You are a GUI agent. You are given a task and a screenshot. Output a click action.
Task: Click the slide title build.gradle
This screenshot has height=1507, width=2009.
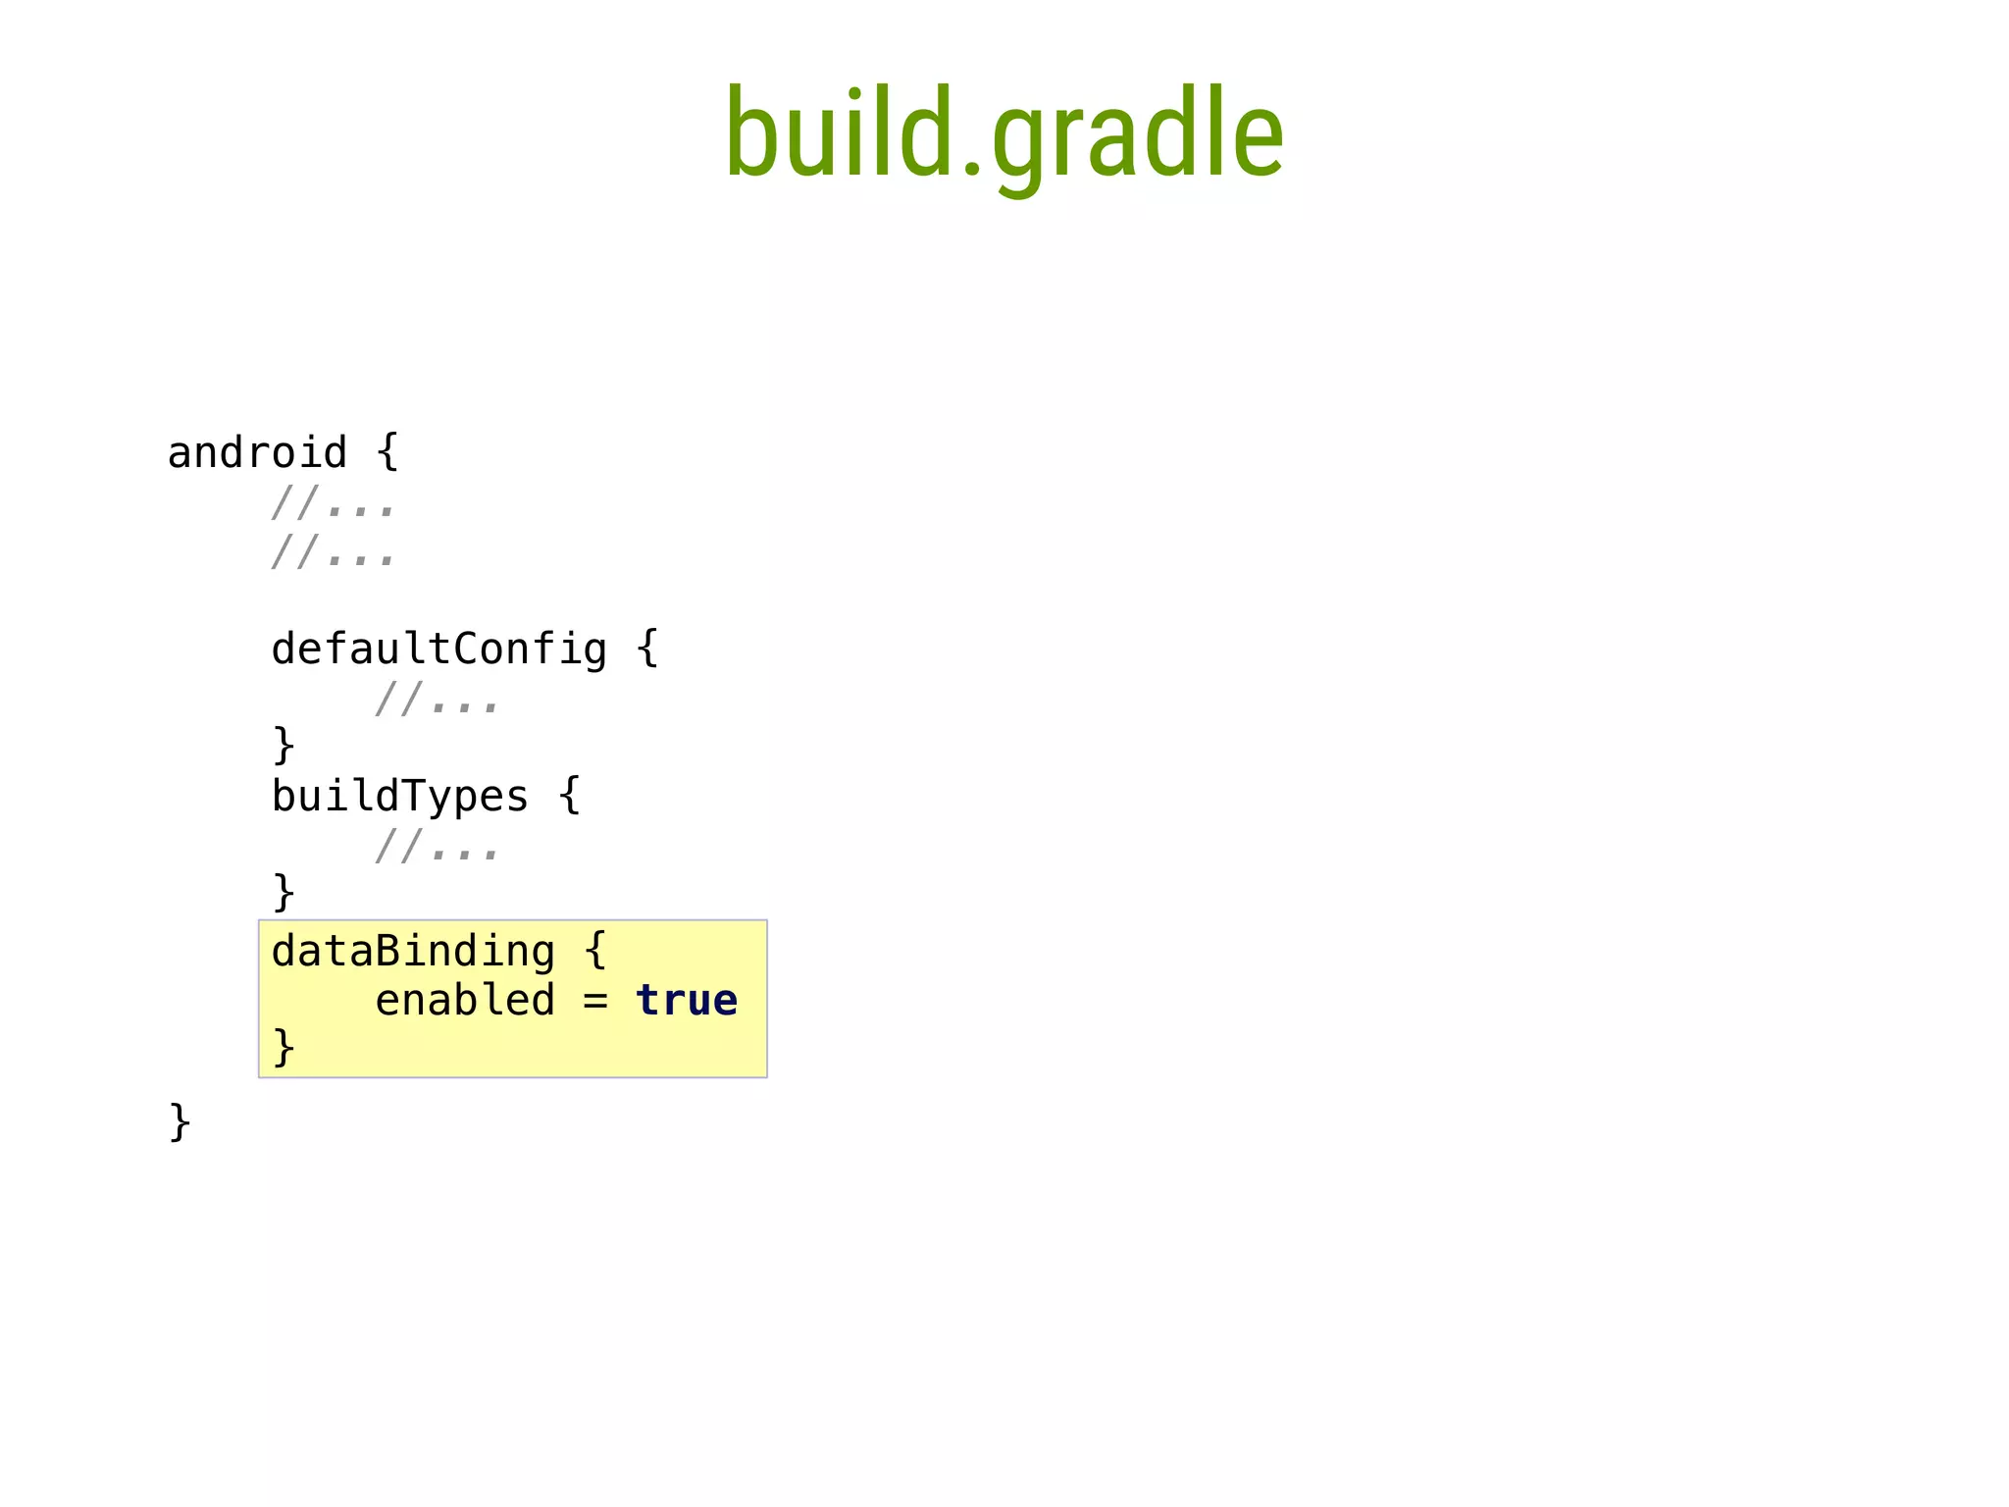[x=1004, y=134]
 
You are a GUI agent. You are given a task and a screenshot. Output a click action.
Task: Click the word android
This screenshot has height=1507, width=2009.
[x=257, y=453]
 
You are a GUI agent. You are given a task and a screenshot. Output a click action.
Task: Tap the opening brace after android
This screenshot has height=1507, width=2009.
[x=387, y=452]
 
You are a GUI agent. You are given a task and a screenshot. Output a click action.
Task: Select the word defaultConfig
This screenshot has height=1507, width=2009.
[x=438, y=650]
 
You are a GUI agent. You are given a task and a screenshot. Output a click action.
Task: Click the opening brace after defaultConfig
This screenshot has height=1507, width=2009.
[x=646, y=649]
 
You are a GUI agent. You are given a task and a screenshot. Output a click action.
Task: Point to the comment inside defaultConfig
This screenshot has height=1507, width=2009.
[x=437, y=701]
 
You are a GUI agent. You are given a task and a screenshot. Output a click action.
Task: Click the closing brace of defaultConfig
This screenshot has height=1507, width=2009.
[x=283, y=745]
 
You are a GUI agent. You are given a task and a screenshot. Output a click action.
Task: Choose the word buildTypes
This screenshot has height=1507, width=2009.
[x=399, y=796]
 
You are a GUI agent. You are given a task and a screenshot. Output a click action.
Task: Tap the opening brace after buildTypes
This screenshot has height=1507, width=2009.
[x=569, y=795]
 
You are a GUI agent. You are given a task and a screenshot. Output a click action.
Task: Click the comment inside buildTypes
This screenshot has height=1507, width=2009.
[x=437, y=847]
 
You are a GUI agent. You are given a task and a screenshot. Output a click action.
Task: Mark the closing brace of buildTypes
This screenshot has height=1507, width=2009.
[x=283, y=892]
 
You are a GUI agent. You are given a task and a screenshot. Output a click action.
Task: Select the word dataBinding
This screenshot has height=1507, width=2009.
[x=413, y=952]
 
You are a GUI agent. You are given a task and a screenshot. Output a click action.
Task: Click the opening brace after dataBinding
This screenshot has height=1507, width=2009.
[x=594, y=951]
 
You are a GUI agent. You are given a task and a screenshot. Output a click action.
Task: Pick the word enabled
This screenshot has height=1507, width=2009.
[x=465, y=1001]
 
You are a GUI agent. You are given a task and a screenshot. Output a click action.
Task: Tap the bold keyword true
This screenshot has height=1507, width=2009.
[x=687, y=1001]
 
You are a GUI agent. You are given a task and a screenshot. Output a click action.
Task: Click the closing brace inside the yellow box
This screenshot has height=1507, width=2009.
[x=283, y=1047]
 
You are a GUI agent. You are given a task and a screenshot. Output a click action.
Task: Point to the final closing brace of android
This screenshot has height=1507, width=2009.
[x=180, y=1121]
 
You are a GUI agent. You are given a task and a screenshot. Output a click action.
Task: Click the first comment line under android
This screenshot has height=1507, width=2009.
[x=334, y=504]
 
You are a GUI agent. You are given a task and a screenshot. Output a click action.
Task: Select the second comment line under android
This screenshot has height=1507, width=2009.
[x=334, y=552]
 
